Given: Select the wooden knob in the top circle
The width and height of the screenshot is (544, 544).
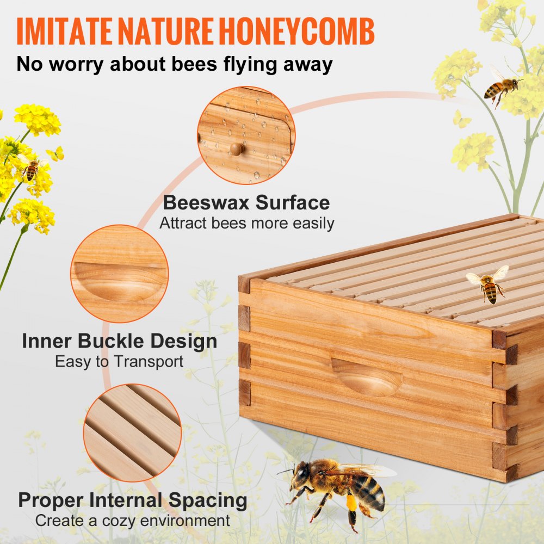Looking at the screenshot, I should [x=236, y=149].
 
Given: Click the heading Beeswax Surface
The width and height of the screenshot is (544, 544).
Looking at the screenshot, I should [x=246, y=203].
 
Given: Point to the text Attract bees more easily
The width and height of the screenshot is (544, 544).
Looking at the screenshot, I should [x=246, y=223].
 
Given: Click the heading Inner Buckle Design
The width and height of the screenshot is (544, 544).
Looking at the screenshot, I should [x=120, y=342].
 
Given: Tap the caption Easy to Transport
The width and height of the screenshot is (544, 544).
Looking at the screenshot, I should [x=120, y=361].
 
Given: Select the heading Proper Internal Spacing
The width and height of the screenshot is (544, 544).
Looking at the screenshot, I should [x=133, y=500].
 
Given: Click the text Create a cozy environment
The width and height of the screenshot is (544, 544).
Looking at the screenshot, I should [x=133, y=520].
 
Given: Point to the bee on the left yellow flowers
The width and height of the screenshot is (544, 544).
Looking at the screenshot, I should [x=32, y=170].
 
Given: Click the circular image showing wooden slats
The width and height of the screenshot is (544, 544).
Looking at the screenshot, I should [x=132, y=432].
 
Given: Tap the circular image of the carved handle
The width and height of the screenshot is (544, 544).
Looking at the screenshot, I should [x=120, y=274].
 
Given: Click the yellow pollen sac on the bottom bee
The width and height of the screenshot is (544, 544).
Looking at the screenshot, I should [x=351, y=502].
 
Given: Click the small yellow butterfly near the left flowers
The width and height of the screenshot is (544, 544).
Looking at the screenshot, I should [x=55, y=154].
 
